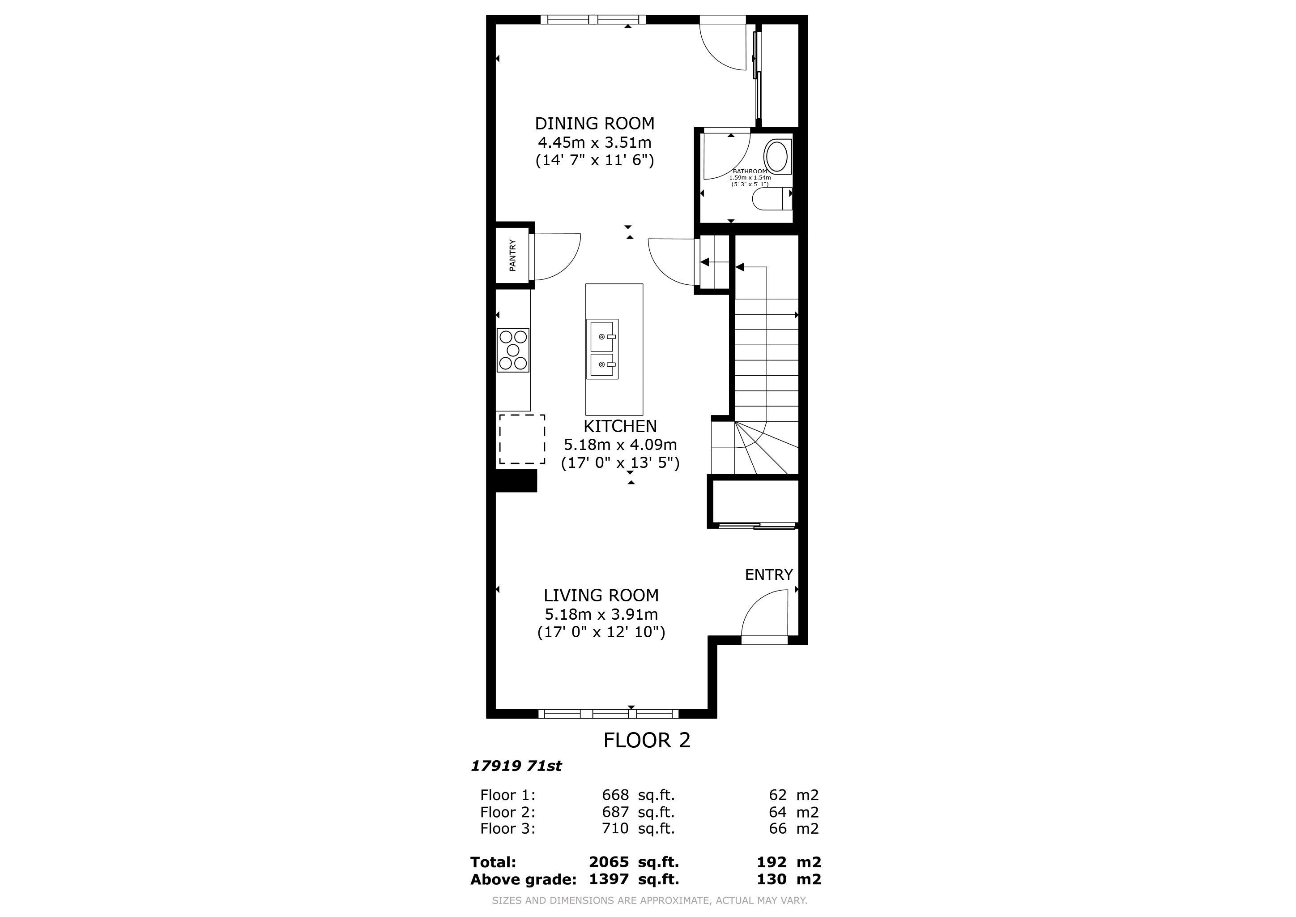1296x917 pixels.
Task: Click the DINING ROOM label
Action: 594,124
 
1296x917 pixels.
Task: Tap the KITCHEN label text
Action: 620,426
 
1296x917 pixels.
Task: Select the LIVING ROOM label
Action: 601,595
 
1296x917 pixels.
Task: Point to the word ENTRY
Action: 769,575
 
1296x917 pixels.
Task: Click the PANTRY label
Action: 512,255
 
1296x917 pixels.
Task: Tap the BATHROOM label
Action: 750,171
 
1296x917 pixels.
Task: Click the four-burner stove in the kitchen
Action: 513,350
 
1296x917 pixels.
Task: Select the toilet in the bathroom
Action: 772,200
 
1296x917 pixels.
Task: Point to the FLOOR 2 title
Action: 647,740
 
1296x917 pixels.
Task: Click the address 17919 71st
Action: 516,766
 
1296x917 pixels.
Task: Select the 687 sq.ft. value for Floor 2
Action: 638,812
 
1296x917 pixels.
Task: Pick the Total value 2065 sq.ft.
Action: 634,862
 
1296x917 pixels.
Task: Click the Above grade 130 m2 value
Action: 789,879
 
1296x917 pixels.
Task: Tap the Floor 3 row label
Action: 507,828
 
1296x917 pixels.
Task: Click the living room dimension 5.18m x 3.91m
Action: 601,614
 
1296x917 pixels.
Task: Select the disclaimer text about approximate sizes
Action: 650,900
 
